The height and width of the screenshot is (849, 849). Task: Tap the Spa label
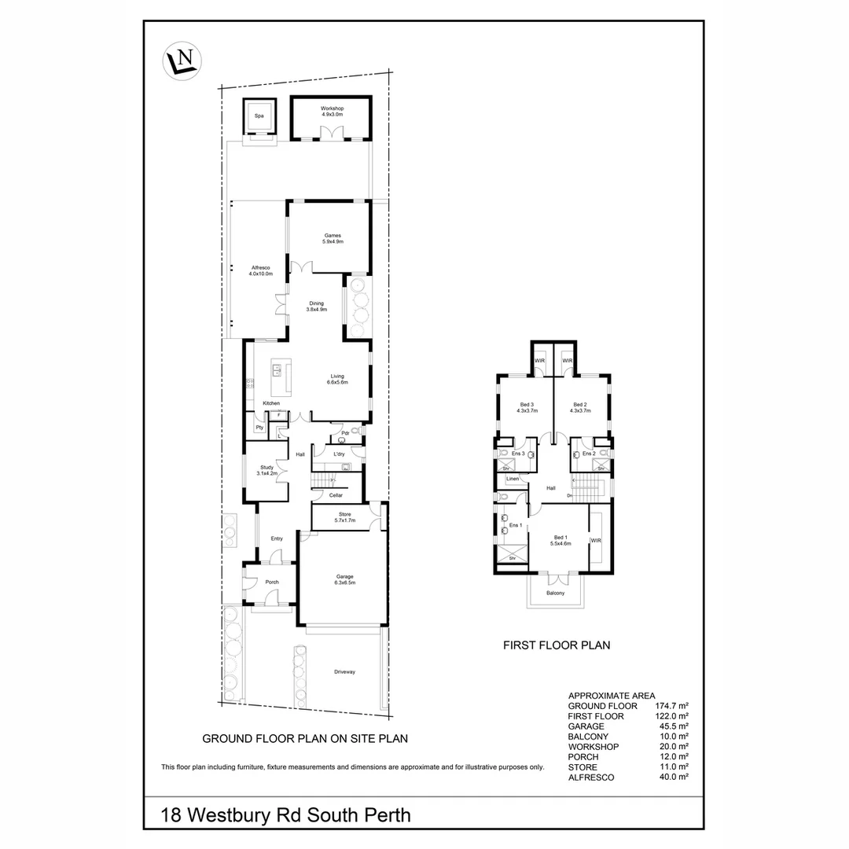click(259, 116)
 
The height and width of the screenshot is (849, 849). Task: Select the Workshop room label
click(332, 111)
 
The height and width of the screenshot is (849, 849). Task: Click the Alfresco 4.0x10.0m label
click(261, 271)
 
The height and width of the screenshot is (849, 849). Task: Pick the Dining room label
click(316, 306)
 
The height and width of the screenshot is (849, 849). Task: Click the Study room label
click(267, 470)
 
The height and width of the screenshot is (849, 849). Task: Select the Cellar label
click(336, 495)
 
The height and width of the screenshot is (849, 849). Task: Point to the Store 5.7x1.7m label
click(345, 517)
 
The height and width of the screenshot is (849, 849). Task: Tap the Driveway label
click(344, 672)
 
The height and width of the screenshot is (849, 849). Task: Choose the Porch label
click(272, 582)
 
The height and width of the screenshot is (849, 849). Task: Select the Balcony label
click(555, 593)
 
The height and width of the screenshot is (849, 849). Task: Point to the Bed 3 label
click(526, 407)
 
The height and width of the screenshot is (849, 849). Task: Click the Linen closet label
click(513, 479)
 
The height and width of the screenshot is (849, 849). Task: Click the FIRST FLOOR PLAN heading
click(557, 645)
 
